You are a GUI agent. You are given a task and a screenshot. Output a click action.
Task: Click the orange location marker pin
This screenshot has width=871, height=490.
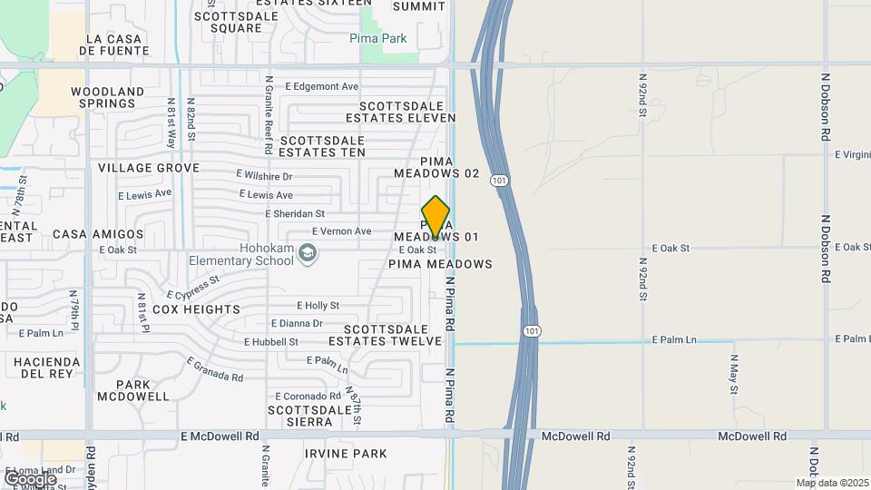click(x=435, y=218)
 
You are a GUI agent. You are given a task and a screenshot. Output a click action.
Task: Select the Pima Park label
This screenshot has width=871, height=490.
click(x=378, y=39)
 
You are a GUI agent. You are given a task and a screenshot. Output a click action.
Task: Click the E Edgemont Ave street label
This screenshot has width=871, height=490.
click(x=321, y=87)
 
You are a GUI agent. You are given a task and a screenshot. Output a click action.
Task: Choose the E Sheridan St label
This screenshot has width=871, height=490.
click(x=295, y=214)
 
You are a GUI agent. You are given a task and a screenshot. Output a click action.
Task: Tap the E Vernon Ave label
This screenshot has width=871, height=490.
click(x=341, y=231)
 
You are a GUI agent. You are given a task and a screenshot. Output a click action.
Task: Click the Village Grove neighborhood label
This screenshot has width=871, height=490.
click(x=149, y=169)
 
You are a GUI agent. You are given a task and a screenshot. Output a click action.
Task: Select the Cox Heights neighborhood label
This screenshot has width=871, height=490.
click(x=196, y=309)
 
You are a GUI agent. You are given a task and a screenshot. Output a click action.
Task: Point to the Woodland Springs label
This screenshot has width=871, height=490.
click(x=107, y=98)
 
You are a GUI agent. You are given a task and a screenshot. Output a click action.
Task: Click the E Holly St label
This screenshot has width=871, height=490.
click(x=318, y=306)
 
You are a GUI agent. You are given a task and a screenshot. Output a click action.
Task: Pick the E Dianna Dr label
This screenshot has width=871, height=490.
click(x=297, y=323)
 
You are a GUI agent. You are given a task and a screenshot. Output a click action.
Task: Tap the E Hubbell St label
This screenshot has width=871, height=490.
click(x=270, y=342)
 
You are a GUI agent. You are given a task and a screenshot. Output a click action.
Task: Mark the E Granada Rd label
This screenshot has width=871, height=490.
click(x=215, y=369)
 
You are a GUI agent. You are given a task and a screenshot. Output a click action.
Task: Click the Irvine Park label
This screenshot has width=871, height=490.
click(x=346, y=454)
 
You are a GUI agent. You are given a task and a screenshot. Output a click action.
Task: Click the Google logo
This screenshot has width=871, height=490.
click(x=30, y=478)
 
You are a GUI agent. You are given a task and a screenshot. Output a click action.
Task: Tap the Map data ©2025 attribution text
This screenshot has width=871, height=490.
click(x=832, y=483)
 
